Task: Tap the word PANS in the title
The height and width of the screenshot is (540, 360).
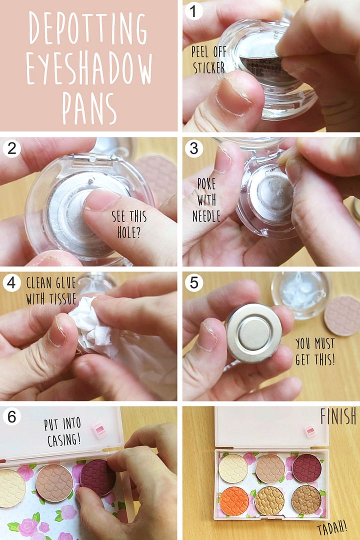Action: pyautogui.click(x=89, y=108)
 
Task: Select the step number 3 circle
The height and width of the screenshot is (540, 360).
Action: pyautogui.click(x=194, y=149)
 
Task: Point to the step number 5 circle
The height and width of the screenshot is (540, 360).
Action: pyautogui.click(x=194, y=282)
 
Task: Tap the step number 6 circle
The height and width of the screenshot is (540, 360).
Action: pyautogui.click(x=11, y=416)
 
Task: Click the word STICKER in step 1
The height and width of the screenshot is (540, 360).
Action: pyautogui.click(x=209, y=68)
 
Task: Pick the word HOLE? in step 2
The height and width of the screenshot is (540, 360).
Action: pyautogui.click(x=129, y=233)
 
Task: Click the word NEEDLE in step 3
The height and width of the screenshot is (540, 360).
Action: pyautogui.click(x=206, y=216)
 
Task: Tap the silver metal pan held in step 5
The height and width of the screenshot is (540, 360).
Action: pyautogui.click(x=253, y=333)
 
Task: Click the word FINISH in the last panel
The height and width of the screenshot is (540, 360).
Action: pyautogui.click(x=338, y=416)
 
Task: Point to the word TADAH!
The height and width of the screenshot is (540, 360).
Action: pyautogui.click(x=332, y=528)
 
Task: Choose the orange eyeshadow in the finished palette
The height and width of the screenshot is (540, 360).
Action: pyautogui.click(x=234, y=501)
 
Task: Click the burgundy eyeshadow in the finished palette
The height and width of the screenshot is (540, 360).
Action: pyautogui.click(x=306, y=468)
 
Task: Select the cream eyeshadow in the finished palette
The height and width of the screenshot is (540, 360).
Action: pyautogui.click(x=233, y=468)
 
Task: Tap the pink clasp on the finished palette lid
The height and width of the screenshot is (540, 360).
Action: pyautogui.click(x=310, y=431)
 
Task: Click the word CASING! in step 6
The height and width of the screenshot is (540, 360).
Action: pyautogui.click(x=64, y=440)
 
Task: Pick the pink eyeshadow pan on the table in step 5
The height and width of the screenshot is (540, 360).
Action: pyautogui.click(x=342, y=315)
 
